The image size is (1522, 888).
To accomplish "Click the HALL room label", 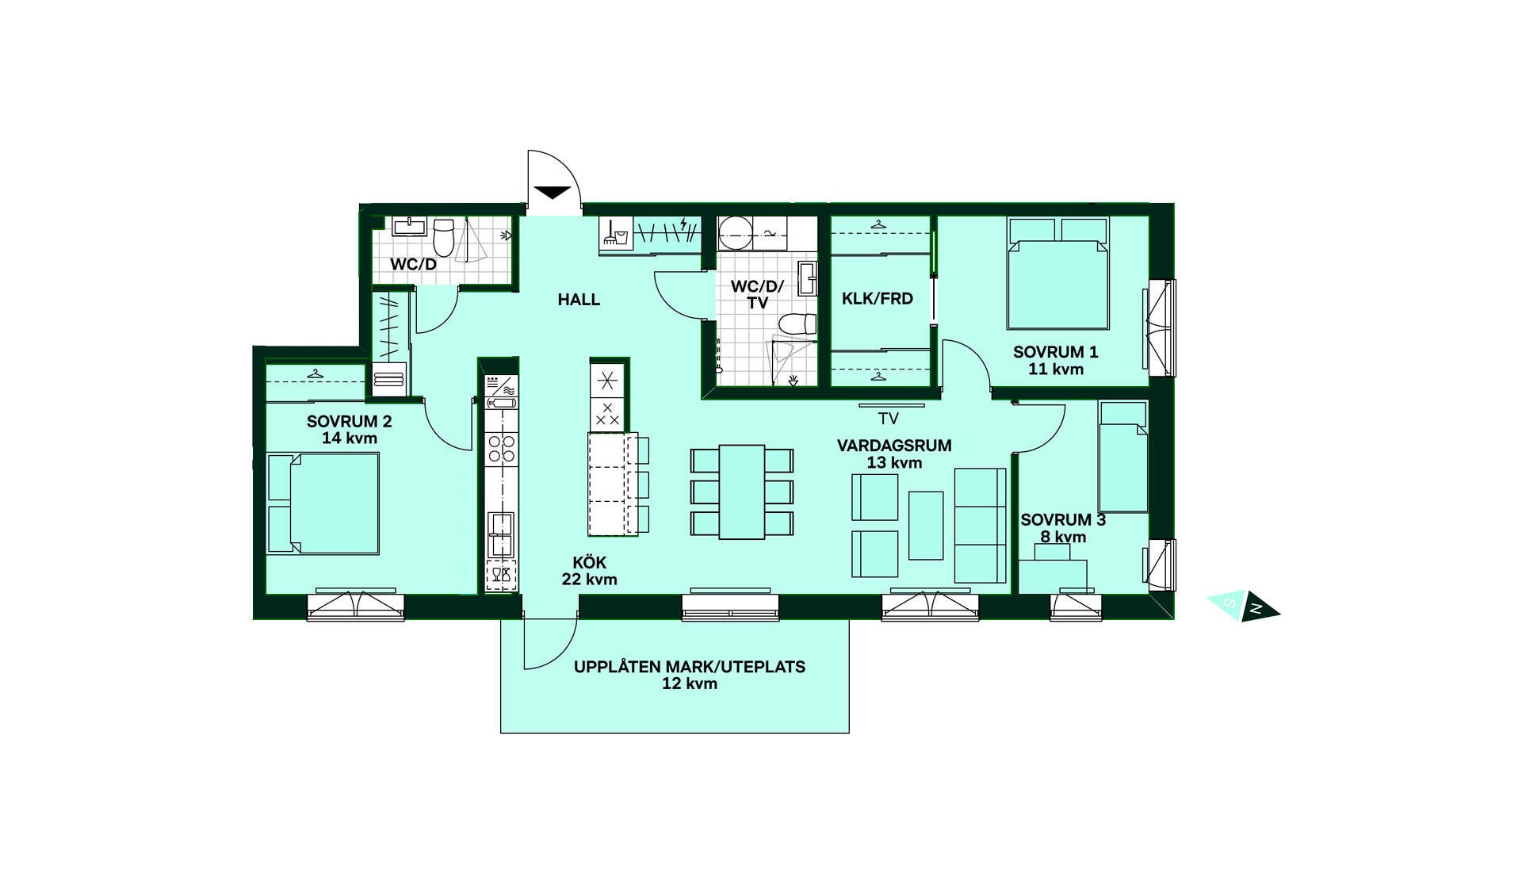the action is [579, 300].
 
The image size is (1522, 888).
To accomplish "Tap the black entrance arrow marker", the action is [553, 192].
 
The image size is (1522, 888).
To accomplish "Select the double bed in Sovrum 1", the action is [1057, 274].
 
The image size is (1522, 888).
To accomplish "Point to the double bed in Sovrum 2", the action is [323, 503].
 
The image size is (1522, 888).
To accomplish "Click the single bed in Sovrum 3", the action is [1122, 457].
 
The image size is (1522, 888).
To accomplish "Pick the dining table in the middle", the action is [742, 492].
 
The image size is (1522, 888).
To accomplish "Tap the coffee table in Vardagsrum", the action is [926, 525].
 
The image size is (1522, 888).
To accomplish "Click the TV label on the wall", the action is [889, 419].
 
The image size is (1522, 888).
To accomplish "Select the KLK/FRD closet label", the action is [878, 299].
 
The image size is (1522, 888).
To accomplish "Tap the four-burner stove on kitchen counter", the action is [501, 448].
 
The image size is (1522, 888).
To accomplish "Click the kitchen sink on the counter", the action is [500, 534].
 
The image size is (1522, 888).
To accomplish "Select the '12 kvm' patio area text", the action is [690, 683].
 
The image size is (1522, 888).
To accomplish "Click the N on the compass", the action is [1256, 609].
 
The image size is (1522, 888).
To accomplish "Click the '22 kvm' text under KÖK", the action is [590, 580].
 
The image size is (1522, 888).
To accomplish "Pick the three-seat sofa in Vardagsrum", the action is [981, 526].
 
